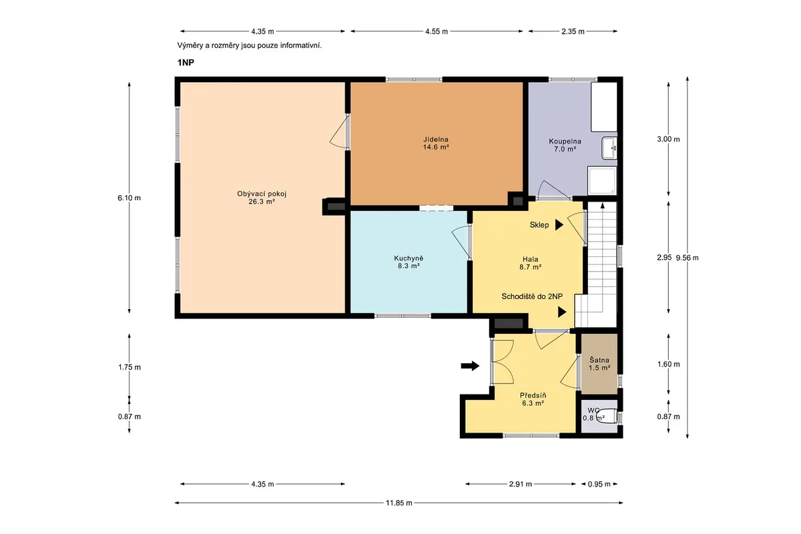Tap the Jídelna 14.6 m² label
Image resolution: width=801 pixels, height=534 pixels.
(x=436, y=143)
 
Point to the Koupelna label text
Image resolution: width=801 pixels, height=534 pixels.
(x=565, y=142)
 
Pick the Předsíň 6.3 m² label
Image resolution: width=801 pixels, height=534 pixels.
(x=533, y=399)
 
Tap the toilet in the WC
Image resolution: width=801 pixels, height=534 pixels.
(x=607, y=416)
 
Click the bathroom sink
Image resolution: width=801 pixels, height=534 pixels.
(x=609, y=148)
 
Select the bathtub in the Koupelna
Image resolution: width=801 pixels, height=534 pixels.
(x=604, y=107)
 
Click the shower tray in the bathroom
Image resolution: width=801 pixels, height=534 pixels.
(x=602, y=181)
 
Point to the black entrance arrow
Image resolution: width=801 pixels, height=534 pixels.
(x=470, y=366)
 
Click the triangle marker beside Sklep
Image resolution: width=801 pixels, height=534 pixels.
(x=559, y=225)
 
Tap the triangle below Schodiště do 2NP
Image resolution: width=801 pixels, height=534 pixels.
(x=562, y=312)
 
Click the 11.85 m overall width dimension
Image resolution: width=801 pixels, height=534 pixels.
(x=398, y=503)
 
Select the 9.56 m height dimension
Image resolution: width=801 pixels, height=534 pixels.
(x=687, y=258)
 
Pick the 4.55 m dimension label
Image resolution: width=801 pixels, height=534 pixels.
(x=437, y=31)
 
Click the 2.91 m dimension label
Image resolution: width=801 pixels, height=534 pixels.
(x=520, y=484)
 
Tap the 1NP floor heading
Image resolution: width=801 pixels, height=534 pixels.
(x=186, y=63)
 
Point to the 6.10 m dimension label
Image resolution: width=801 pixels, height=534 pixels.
(x=129, y=198)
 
